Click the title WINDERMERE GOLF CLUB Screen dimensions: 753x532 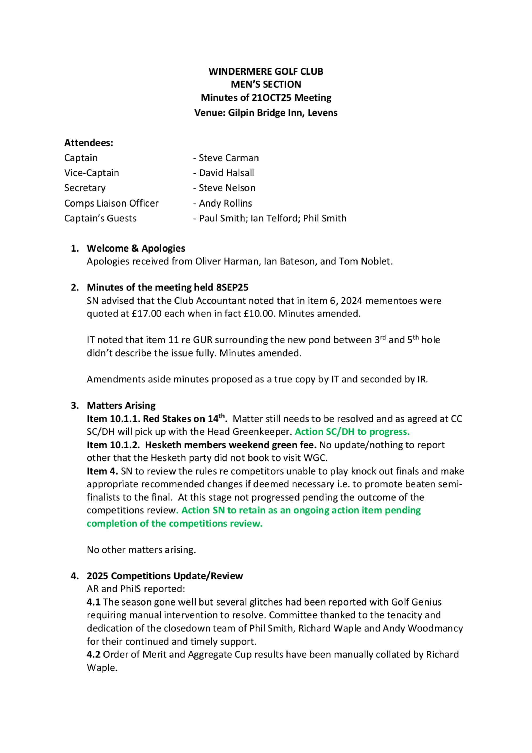tap(266, 72)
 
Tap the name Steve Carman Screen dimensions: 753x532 tap(229, 158)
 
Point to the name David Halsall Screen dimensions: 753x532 tap(227, 173)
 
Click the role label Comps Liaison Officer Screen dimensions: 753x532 tap(111, 203)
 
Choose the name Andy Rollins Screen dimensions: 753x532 tap(226, 203)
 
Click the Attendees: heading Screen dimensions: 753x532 tap(89, 143)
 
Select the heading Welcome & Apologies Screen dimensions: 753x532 tap(136, 248)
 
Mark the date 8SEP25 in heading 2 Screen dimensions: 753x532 tap(232, 288)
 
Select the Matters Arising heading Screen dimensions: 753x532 tap(121, 406)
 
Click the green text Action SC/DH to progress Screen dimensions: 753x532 tap(352, 432)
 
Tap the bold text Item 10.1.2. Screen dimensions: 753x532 tap(113, 445)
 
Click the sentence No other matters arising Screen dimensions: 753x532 tap(141, 550)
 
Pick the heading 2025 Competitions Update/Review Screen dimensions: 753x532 tap(165, 576)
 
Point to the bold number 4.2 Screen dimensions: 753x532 tap(93, 655)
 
